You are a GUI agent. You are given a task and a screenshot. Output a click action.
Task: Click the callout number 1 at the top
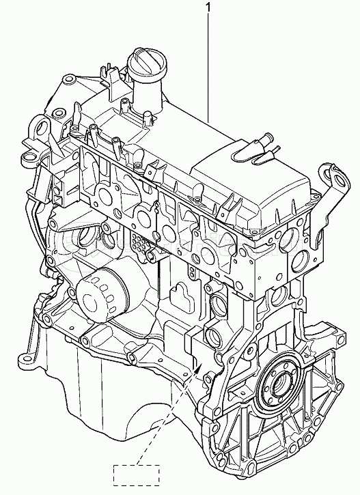[208, 7]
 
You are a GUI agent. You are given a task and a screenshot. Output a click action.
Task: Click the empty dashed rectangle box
[137, 475]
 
